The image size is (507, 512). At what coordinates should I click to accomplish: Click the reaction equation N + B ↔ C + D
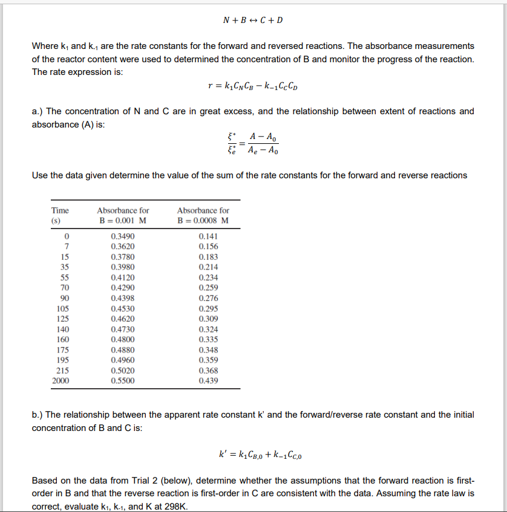[x=253, y=20]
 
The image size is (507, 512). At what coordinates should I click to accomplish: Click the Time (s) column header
[x=60, y=215]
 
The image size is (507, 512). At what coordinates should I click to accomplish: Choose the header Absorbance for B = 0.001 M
[x=123, y=215]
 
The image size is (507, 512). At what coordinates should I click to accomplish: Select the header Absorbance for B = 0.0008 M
[x=203, y=215]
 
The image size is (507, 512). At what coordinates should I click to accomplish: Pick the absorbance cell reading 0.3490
[x=123, y=236]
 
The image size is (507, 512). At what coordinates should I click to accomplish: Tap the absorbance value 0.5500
[x=123, y=381]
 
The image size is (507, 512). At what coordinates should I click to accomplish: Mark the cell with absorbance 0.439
[x=208, y=381]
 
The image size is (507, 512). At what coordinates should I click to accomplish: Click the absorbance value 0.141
[x=208, y=236]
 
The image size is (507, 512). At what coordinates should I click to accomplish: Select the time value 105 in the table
[x=63, y=308]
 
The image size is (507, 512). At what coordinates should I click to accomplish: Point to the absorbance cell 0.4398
[x=123, y=298]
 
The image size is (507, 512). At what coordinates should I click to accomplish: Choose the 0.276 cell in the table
[x=208, y=298]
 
